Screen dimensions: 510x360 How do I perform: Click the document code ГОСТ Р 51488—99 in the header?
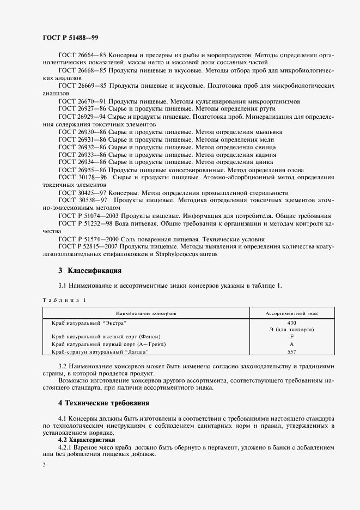70,37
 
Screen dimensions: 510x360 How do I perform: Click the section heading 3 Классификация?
90,271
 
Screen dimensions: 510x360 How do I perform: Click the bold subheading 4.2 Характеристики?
86,439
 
